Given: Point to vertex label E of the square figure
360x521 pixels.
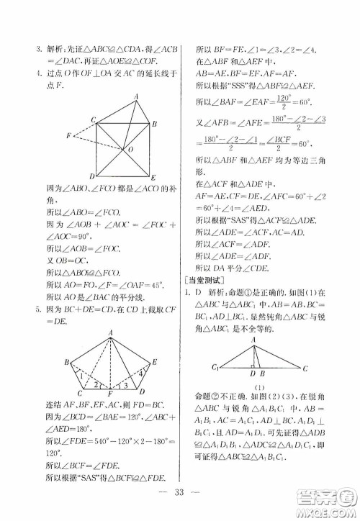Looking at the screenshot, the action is click(153, 176).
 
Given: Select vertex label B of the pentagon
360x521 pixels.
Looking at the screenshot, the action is click(66, 361).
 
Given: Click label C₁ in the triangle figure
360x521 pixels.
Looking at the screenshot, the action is click(215, 369).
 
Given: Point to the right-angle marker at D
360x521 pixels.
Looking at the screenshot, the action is click(254, 365).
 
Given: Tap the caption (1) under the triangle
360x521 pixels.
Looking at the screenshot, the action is click(260, 388).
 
